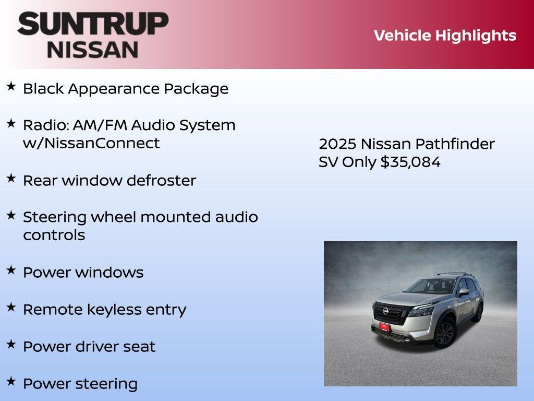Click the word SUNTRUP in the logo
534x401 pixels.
(x=93, y=24)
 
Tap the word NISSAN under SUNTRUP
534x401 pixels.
(x=93, y=50)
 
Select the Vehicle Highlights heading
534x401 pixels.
(x=445, y=36)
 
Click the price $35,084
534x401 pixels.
(x=410, y=162)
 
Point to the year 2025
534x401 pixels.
(x=337, y=144)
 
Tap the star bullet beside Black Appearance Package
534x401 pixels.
(x=11, y=87)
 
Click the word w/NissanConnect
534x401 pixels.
(x=91, y=143)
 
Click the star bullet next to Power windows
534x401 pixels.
(x=11, y=270)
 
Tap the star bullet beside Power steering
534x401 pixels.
(x=11, y=382)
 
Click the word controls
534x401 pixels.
(x=54, y=235)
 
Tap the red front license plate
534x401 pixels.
(x=384, y=327)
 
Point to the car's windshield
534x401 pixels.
(x=431, y=286)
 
